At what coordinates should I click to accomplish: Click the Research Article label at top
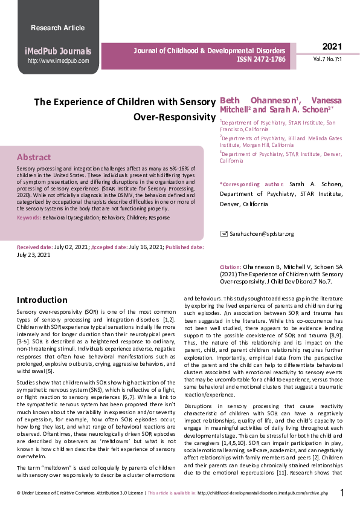click(x=57, y=28)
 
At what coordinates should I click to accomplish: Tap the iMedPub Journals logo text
click(x=57, y=51)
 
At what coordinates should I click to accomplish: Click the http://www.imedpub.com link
click(x=59, y=61)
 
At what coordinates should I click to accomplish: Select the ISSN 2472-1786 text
click(x=261, y=60)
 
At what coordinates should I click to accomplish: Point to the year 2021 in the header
click(x=332, y=47)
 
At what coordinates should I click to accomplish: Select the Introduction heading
click(x=42, y=300)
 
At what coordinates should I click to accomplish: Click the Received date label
click(x=34, y=248)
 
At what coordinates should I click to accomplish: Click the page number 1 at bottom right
click(x=342, y=493)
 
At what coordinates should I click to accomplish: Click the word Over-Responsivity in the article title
click(x=175, y=115)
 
